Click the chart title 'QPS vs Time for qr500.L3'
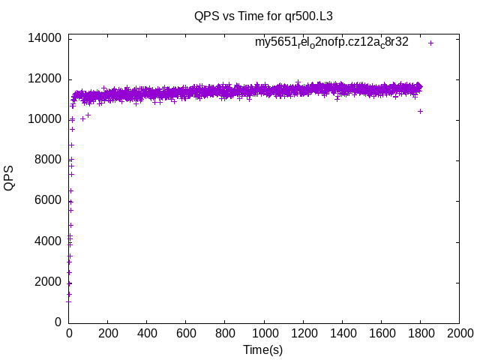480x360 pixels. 262,16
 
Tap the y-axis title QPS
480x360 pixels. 9,178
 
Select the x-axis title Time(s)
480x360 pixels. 262,349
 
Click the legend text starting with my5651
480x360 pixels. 331,43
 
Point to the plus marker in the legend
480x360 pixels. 430,43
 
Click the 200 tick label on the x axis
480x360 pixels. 108,333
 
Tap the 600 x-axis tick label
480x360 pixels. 186,333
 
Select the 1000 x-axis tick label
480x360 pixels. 264,333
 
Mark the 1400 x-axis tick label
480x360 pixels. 342,333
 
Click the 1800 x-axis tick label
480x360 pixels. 420,333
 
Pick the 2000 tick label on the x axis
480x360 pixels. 459,333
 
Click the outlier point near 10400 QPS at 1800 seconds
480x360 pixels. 420,111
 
